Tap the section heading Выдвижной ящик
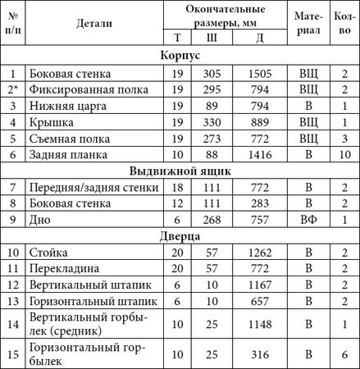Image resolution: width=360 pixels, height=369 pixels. pyautogui.click(x=180, y=171)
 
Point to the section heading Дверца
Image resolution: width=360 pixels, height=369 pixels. pyautogui.click(x=180, y=235)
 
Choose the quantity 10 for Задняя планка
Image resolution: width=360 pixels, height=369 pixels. pyautogui.click(x=343, y=153)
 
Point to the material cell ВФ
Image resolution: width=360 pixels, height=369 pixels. pyautogui.click(x=308, y=219)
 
